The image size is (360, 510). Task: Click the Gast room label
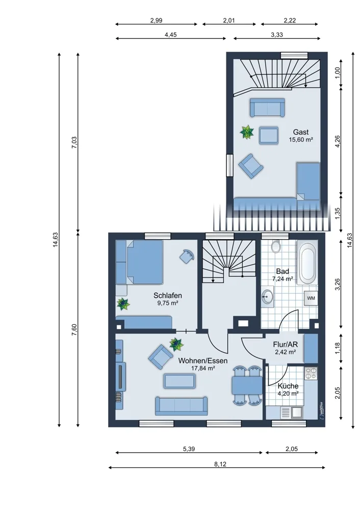pos(301,132)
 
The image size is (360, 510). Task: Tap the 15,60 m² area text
pos(301,140)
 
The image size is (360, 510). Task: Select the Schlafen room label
pos(167,296)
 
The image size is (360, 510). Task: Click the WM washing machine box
pos(311,298)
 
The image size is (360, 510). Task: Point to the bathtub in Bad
pos(306,263)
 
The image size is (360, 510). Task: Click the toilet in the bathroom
pos(276,246)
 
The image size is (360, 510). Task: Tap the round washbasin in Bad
pos(268,297)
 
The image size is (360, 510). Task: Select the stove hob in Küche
pos(311,373)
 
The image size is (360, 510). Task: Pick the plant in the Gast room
pos(247,132)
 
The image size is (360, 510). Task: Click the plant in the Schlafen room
pos(123,304)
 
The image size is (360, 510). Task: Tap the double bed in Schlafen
pos(140,262)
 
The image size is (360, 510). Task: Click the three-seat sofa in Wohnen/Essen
pos(182,406)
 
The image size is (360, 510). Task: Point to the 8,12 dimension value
pos(220,464)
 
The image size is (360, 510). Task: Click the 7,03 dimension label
pos(74,142)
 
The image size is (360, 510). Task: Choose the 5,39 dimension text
pos(189,449)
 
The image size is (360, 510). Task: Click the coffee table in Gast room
pos(269,135)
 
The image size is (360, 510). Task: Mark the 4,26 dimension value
pos(338,141)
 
